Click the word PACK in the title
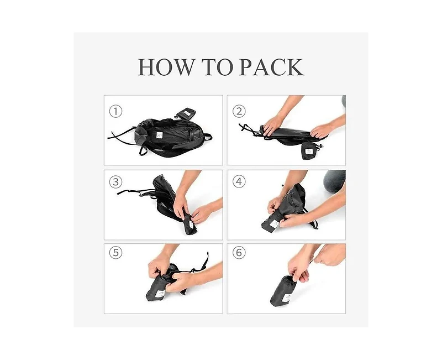(271, 67)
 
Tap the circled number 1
(115, 112)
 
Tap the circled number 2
(239, 112)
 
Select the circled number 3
(115, 182)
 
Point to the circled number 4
(239, 182)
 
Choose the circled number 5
(115, 253)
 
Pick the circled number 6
(239, 253)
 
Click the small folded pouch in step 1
(186, 113)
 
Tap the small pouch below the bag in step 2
(311, 150)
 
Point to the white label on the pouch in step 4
(275, 225)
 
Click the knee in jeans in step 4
(334, 181)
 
